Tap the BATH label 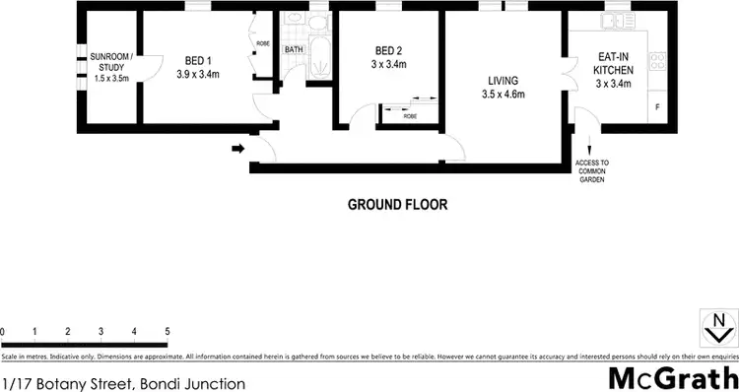(x=294, y=49)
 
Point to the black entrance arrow (x=237, y=150)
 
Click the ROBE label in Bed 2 (x=409, y=115)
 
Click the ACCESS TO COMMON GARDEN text (x=592, y=170)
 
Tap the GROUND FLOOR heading (x=397, y=206)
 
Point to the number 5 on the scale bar (x=168, y=331)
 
